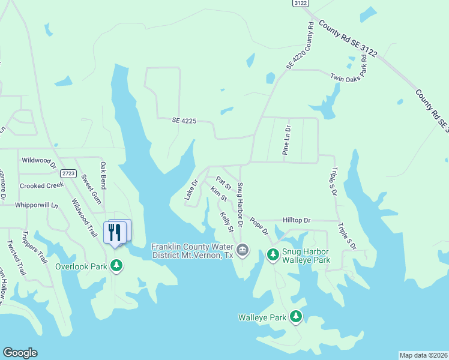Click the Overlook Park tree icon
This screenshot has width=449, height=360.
point(116,265)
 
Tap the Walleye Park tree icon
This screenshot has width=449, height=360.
point(295,316)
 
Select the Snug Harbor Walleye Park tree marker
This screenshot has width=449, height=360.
point(273,255)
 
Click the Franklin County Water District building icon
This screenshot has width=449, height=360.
point(242,250)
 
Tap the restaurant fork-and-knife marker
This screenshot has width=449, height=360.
point(115,232)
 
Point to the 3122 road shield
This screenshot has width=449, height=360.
point(301,3)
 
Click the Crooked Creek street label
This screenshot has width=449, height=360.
point(41,186)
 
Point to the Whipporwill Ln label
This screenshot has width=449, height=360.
point(37,205)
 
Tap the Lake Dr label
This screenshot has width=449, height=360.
point(191,190)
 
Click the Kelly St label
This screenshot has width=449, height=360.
point(226,222)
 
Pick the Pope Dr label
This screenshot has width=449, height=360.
point(259,226)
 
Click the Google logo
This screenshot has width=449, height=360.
point(20,353)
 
